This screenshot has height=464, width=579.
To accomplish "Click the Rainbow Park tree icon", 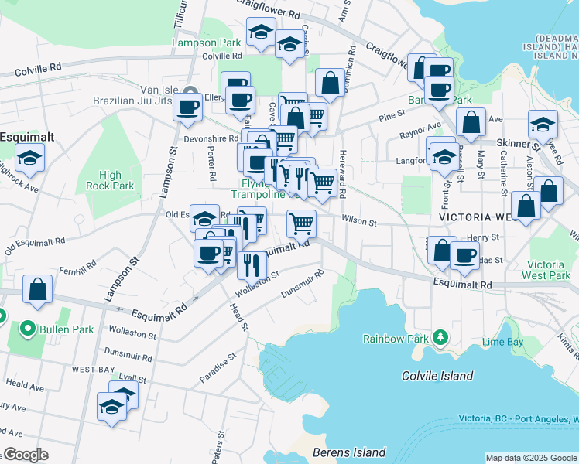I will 440,337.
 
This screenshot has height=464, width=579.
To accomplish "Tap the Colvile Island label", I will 437,376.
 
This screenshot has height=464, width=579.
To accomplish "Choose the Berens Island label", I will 348,452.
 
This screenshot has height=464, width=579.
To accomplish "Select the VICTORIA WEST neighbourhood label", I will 478,219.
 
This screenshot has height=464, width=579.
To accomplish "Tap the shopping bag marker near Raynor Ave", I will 471,121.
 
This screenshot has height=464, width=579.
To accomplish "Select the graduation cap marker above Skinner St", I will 543,123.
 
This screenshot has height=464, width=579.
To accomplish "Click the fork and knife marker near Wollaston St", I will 252,265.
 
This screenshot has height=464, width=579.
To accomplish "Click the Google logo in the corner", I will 26,455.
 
